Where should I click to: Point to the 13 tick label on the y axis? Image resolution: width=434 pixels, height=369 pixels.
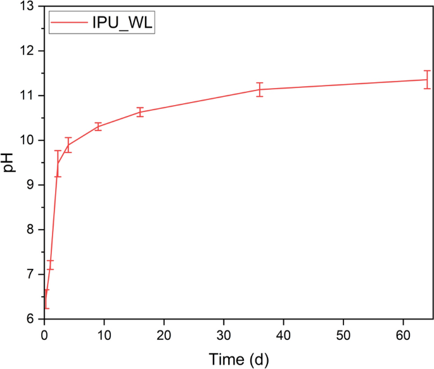tap(27, 6)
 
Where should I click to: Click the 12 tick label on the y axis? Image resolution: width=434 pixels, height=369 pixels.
tap(27, 51)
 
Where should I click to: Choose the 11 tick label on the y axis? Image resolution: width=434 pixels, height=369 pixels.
tap(27, 96)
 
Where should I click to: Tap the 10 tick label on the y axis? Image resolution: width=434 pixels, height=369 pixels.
tap(27, 141)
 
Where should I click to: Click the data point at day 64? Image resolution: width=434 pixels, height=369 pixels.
tap(427, 80)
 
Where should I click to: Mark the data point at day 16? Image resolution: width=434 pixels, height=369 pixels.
tap(140, 112)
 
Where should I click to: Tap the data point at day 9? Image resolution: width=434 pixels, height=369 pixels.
tap(98, 126)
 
